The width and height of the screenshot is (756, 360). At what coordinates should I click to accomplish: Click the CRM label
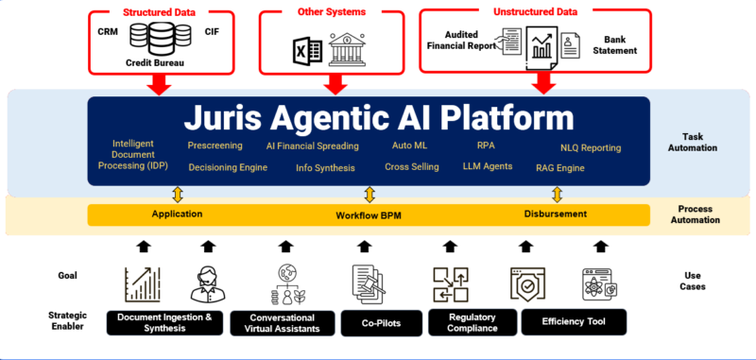tap(109, 32)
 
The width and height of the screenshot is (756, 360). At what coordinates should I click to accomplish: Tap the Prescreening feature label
tap(215, 146)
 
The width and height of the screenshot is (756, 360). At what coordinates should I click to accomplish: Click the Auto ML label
tap(410, 146)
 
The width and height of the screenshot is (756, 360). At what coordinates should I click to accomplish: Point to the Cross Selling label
tap(412, 166)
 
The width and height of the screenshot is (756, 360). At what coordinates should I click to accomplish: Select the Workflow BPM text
tap(369, 215)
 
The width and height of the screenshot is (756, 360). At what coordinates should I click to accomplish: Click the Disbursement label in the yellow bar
tap(555, 214)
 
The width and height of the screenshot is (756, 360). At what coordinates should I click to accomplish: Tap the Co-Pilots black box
tap(379, 323)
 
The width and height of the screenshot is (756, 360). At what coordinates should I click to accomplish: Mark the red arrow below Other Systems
tap(333, 83)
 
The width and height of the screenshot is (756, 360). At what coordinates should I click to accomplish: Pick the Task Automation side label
tap(698, 142)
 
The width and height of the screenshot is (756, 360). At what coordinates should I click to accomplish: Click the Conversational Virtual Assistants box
tap(281, 323)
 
